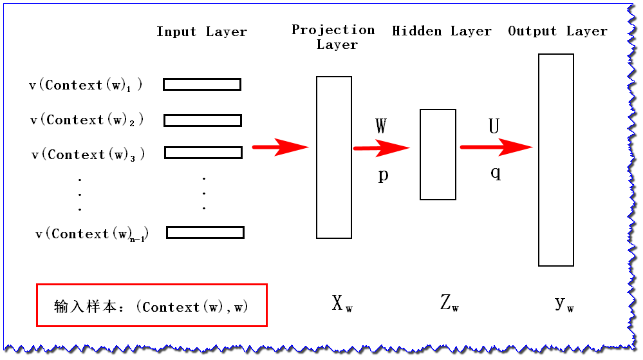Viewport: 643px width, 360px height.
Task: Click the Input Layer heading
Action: [201, 32]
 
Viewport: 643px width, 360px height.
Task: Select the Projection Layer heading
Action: [333, 37]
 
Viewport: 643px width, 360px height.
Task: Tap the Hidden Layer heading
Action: [442, 31]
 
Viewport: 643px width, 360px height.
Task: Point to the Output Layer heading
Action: [557, 31]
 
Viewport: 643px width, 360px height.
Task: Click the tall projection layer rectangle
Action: [334, 157]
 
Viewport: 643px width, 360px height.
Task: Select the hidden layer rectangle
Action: [438, 155]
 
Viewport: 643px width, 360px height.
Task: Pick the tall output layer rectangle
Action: [556, 160]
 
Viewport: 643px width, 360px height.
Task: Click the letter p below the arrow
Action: [383, 175]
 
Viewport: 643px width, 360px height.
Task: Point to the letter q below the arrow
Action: [496, 172]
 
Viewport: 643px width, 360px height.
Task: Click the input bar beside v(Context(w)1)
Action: [202, 84]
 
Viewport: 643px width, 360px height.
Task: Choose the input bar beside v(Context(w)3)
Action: [203, 153]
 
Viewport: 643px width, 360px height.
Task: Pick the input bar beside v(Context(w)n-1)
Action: [205, 232]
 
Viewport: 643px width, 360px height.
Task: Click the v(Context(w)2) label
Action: [87, 120]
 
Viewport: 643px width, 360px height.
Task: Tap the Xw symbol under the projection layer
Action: [342, 303]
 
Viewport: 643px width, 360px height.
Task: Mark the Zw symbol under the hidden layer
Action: [449, 303]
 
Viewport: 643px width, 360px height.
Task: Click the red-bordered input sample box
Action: [151, 305]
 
